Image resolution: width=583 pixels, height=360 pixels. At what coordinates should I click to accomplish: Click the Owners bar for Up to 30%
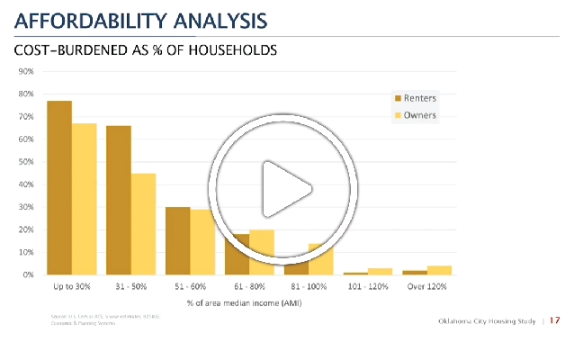pyautogui.click(x=84, y=199)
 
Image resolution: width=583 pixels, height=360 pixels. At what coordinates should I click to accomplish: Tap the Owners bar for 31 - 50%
pyautogui.click(x=143, y=224)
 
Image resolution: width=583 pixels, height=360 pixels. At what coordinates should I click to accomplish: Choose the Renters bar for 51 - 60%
pyautogui.click(x=178, y=240)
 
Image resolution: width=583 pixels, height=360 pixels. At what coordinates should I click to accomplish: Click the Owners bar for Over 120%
pyautogui.click(x=440, y=270)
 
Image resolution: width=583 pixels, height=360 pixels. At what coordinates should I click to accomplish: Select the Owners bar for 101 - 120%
pyautogui.click(x=381, y=271)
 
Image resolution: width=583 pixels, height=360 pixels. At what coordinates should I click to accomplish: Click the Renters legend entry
pyautogui.click(x=419, y=97)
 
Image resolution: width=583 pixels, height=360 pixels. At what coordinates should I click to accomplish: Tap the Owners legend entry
pyautogui.click(x=418, y=115)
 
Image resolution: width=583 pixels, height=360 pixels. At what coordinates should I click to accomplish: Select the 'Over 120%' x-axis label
pyautogui.click(x=428, y=286)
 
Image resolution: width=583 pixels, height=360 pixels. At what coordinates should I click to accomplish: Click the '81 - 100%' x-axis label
pyautogui.click(x=309, y=286)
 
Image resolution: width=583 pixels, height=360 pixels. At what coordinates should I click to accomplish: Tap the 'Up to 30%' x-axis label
pyautogui.click(x=72, y=286)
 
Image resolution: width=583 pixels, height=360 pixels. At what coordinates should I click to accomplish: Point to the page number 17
pyautogui.click(x=555, y=321)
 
